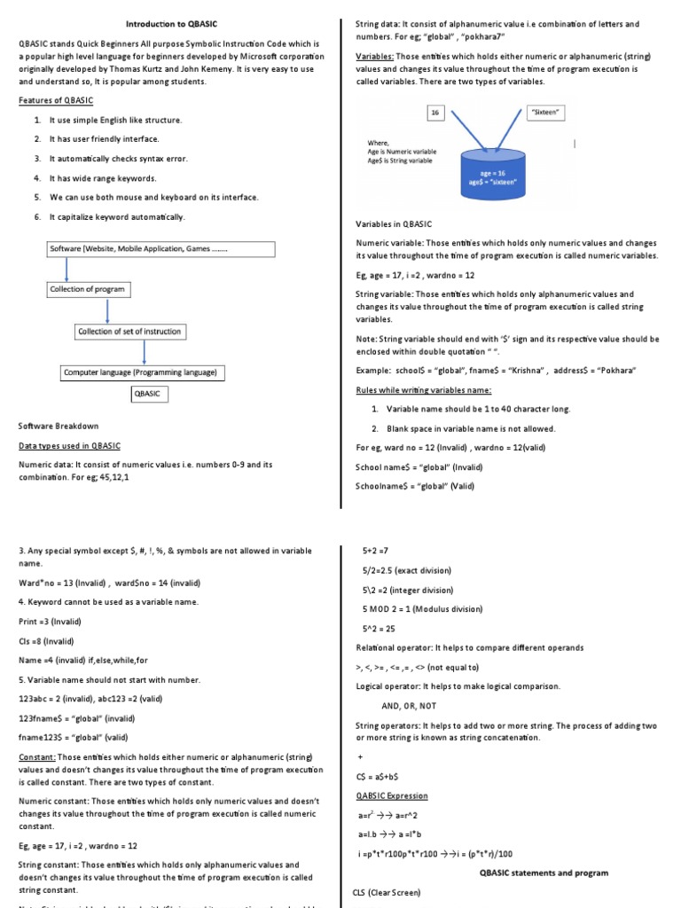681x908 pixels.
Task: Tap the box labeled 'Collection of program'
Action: click(x=87, y=289)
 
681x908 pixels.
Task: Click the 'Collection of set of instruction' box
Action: click(x=129, y=332)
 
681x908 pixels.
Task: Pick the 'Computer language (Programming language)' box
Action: click(x=140, y=372)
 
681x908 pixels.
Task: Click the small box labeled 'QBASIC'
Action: click(x=147, y=393)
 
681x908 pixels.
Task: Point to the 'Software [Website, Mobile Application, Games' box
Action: click(x=140, y=249)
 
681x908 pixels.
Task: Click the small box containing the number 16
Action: click(x=434, y=113)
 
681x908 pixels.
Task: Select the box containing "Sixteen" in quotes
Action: click(x=546, y=113)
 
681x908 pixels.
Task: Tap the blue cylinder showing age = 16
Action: click(x=491, y=177)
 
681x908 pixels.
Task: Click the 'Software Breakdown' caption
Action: click(x=59, y=426)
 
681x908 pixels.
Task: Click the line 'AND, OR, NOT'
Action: click(x=409, y=706)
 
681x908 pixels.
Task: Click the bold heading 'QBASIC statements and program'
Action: click(x=544, y=873)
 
